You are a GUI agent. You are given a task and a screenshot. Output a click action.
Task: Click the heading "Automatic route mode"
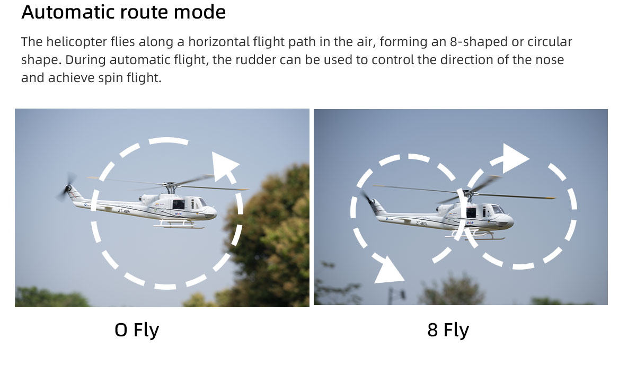[123, 12]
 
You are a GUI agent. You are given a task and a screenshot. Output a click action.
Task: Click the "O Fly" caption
[137, 330]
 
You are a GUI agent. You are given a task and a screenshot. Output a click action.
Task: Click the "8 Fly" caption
[448, 330]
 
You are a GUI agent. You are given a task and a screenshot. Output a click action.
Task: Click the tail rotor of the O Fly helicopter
[68, 187]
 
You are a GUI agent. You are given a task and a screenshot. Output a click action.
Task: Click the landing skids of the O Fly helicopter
[179, 224]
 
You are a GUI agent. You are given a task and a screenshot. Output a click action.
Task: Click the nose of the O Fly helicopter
[211, 212]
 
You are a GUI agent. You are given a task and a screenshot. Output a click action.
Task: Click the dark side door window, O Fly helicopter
[179, 204]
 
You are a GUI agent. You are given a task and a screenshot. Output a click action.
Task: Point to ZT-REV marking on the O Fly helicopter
[124, 211]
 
